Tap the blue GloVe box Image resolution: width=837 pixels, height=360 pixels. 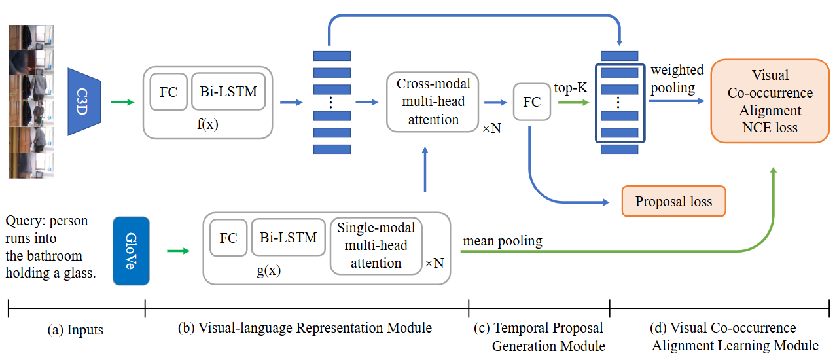coord(131,251)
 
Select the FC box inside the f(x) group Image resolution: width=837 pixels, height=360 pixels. coord(168,92)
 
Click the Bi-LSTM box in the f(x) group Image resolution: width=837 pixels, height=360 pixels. coord(228,92)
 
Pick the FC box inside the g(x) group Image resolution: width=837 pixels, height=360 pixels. coord(228,238)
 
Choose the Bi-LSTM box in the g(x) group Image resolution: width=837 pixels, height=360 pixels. coord(288,237)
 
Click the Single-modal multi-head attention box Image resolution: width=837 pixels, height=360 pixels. coord(376,245)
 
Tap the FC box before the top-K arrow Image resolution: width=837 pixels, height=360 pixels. coord(531,101)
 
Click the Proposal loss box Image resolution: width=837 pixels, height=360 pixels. coord(673,202)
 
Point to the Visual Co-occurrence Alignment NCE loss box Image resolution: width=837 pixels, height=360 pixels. coord(770,101)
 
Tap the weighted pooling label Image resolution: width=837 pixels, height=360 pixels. coord(677,78)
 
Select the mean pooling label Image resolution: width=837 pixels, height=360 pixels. coord(503,241)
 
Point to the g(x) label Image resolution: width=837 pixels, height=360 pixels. coord(268,270)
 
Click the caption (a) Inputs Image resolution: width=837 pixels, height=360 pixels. coord(76,330)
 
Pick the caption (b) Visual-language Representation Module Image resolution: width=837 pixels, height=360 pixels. coord(305,328)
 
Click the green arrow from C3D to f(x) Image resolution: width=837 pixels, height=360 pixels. coord(122,102)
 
